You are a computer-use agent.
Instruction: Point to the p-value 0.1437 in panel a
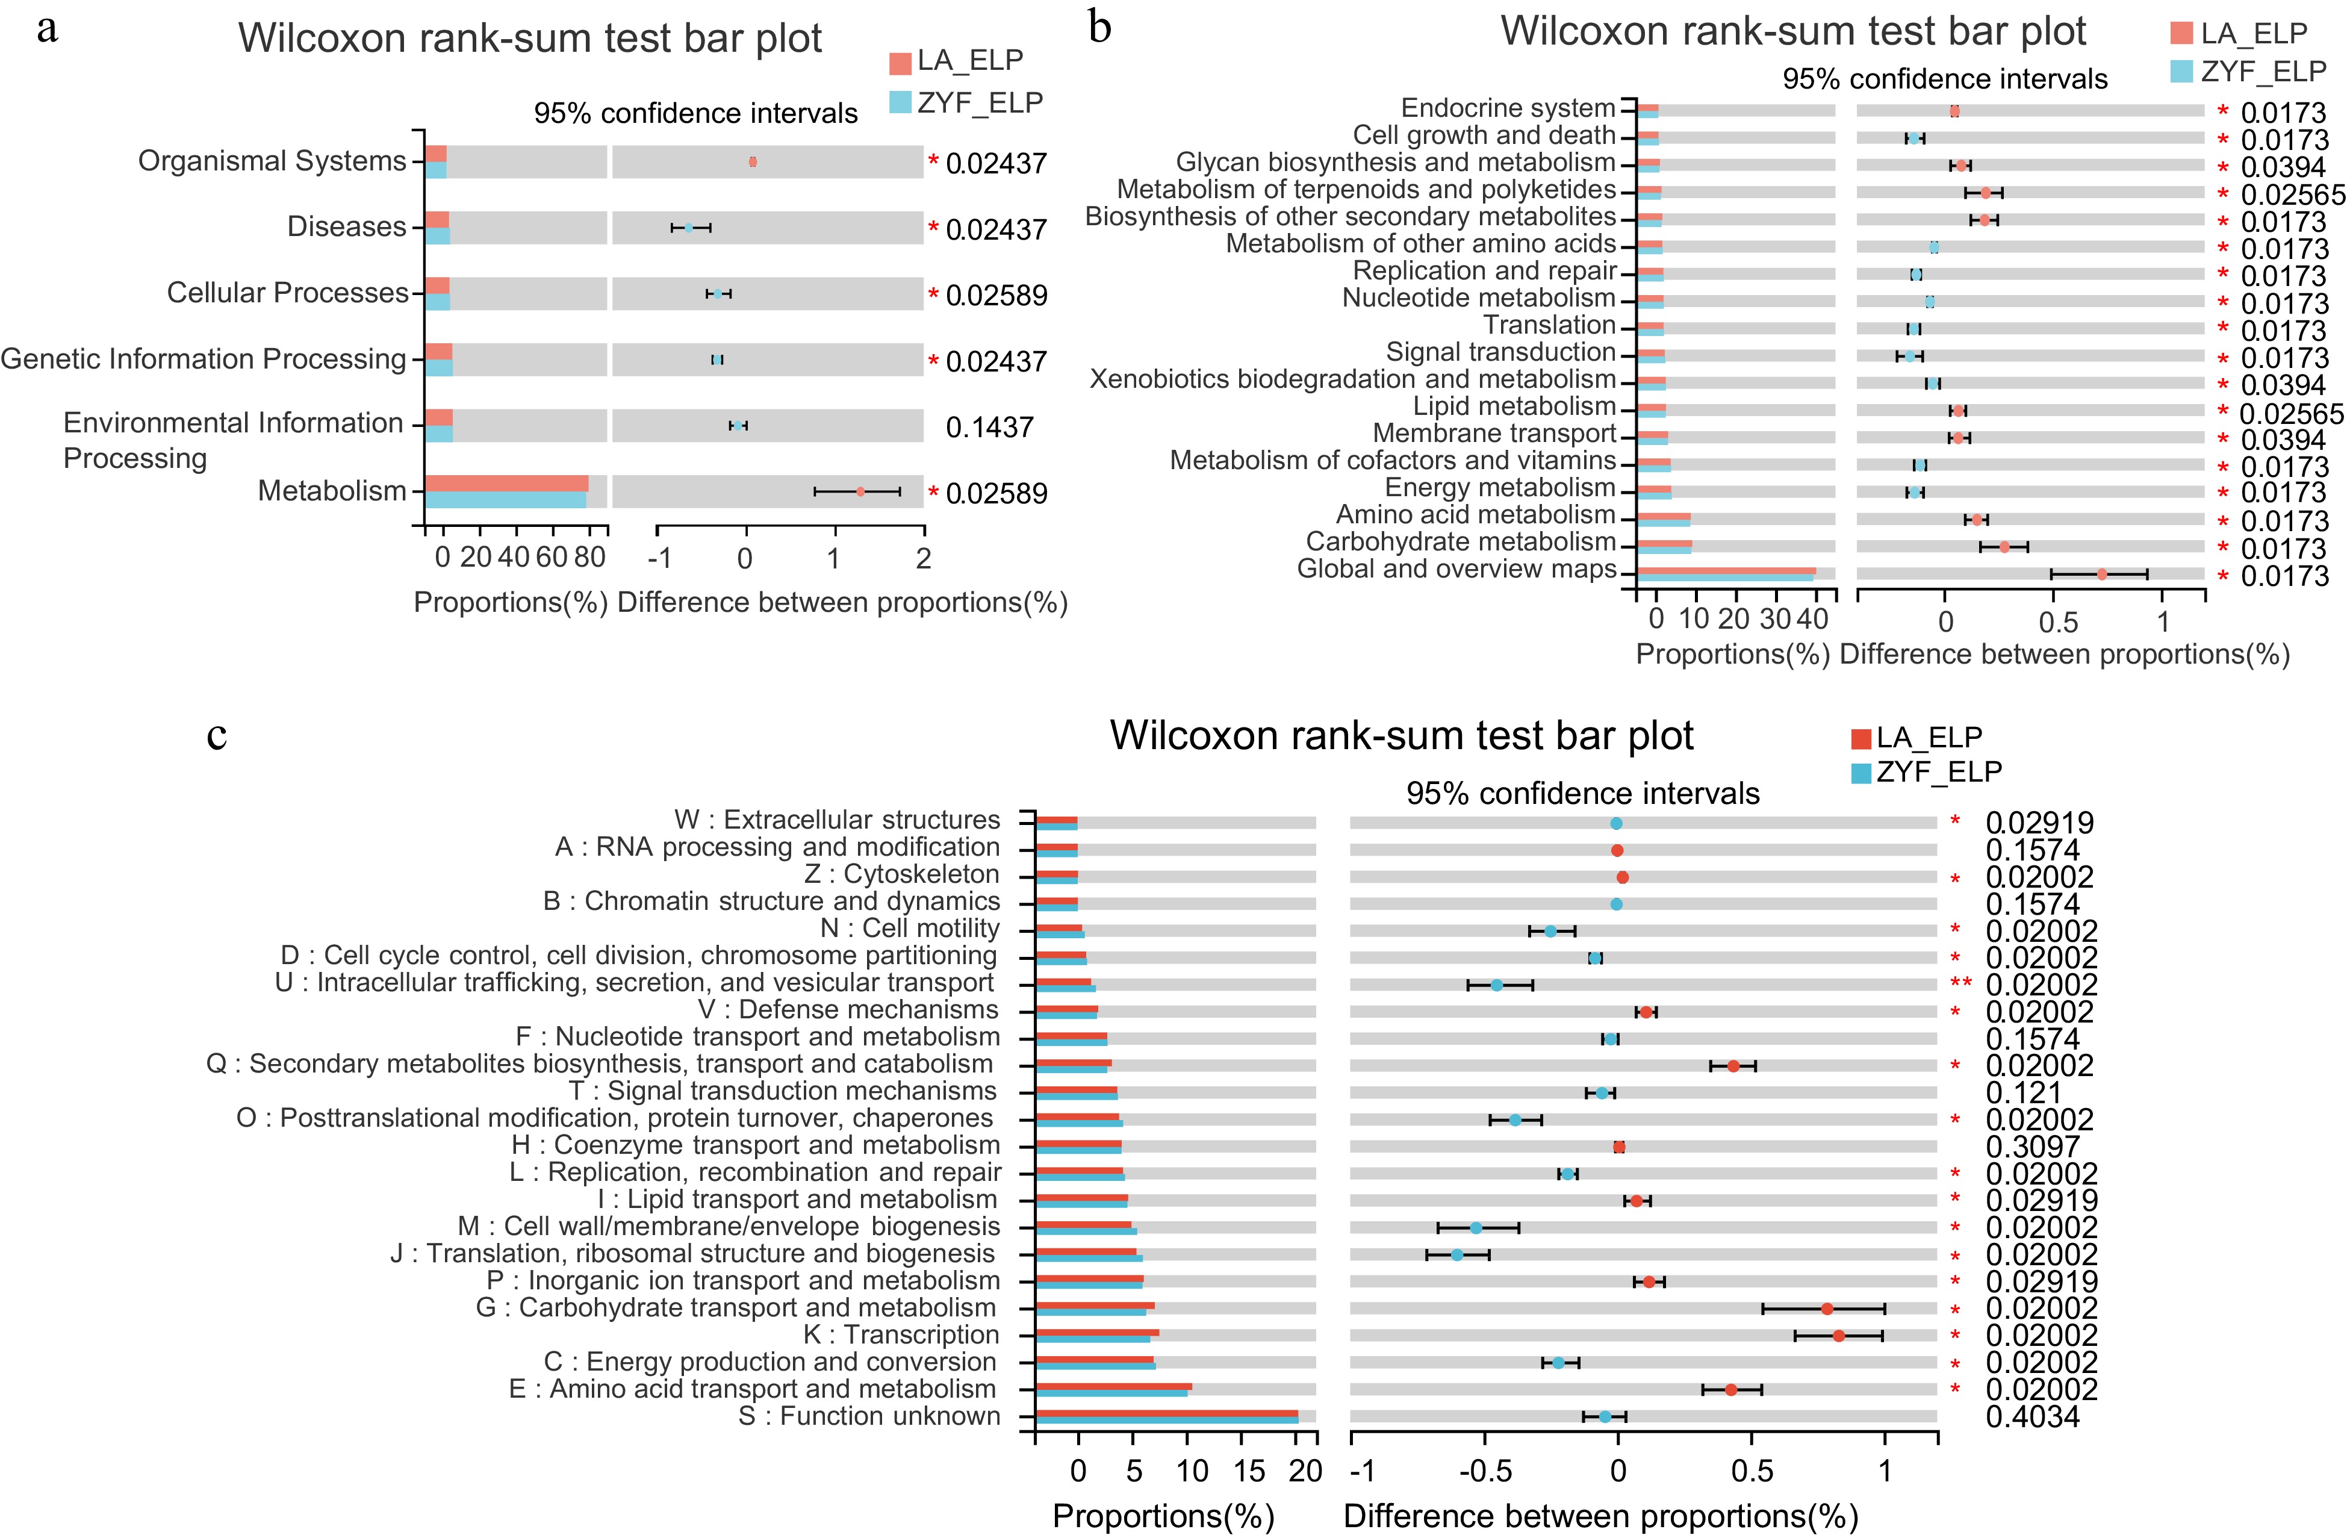point(989,427)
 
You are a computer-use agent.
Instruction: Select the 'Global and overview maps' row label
point(1456,569)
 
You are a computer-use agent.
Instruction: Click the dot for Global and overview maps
point(2101,574)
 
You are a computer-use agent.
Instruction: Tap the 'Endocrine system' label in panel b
point(1508,108)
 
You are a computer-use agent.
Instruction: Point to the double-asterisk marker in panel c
point(1960,983)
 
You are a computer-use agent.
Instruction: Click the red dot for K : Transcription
point(1838,1336)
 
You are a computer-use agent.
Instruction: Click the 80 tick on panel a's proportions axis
point(589,558)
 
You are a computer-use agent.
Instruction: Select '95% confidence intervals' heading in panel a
point(695,113)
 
